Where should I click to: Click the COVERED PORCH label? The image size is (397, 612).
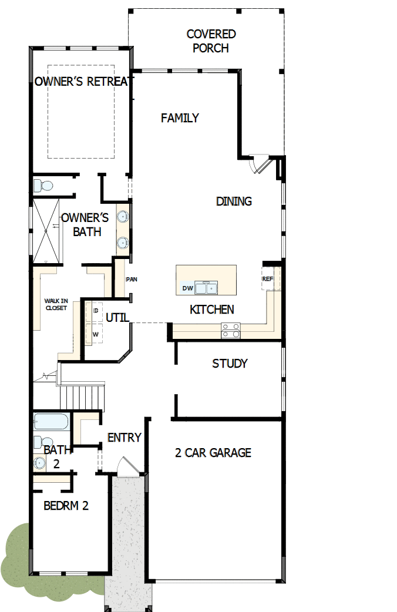pos(211,41)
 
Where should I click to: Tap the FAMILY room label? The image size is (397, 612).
pos(180,118)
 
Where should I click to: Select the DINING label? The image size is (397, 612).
pos(234,201)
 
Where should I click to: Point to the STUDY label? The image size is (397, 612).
pos(230,364)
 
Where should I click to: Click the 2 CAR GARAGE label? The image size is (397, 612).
pos(213,453)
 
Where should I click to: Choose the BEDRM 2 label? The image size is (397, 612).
pos(66,505)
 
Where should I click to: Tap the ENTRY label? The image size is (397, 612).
pos(124,438)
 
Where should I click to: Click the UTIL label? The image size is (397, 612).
pos(117,318)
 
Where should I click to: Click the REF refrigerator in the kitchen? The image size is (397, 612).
pos(268,279)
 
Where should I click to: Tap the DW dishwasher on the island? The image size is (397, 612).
pos(187,288)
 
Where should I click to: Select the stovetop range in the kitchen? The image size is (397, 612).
pos(230,331)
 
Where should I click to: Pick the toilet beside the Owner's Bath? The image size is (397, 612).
pos(43,186)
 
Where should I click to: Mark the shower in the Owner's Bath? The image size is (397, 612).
pos(46,231)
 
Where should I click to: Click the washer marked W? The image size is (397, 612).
pos(95,334)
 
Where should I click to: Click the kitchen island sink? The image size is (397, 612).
pos(206,288)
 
